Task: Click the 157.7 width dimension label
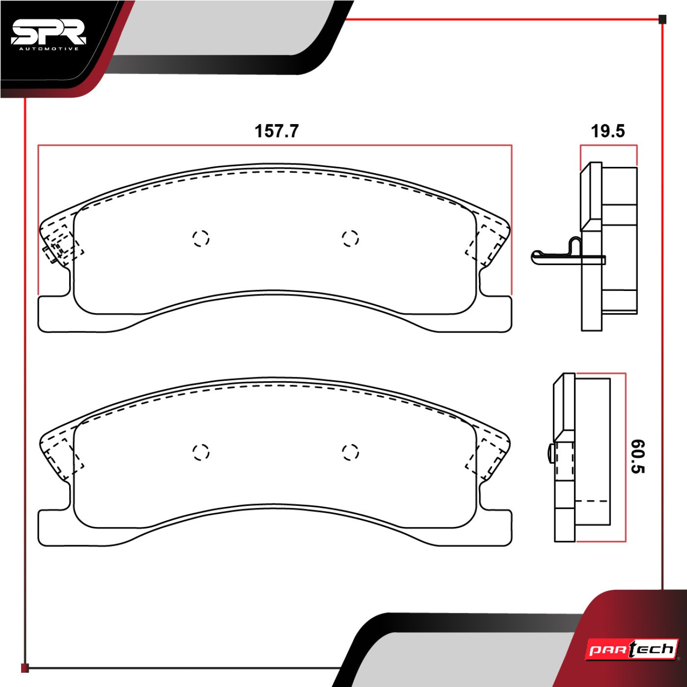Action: pyautogui.click(x=276, y=132)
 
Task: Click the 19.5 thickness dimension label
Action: pyautogui.click(x=608, y=132)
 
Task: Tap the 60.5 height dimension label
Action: pyautogui.click(x=637, y=456)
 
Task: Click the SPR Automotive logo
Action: pyautogui.click(x=48, y=34)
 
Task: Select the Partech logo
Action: pyautogui.click(x=632, y=650)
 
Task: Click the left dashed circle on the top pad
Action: pyautogui.click(x=201, y=238)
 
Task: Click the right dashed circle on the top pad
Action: pyautogui.click(x=350, y=238)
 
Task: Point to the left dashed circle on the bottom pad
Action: pyautogui.click(x=201, y=452)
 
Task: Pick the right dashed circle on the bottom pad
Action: pyautogui.click(x=350, y=452)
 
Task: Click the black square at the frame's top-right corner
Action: pyautogui.click(x=662, y=20)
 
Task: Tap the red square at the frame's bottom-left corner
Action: pyautogui.click(x=25, y=668)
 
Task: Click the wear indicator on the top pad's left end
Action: pyautogui.click(x=52, y=251)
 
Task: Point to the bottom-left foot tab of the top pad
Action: pyautogui.click(x=54, y=314)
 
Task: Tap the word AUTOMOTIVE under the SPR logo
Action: pyautogui.click(x=48, y=49)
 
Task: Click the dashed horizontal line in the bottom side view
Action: pyautogui.click(x=591, y=502)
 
